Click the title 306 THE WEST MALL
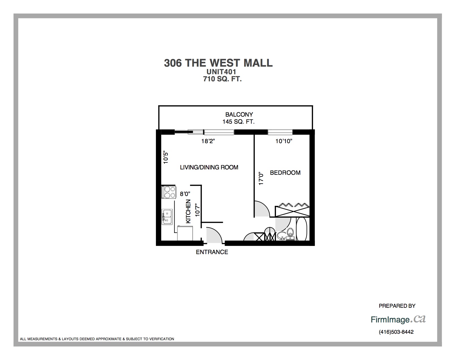[x=218, y=63]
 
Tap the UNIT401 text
[x=221, y=72]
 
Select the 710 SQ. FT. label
[x=222, y=79]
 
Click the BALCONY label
[x=239, y=115]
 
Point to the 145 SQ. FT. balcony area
[x=238, y=122]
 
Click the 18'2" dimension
[x=208, y=141]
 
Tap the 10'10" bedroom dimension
[x=284, y=141]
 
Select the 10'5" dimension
[x=166, y=158]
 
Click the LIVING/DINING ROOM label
[x=209, y=167]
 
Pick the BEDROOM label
[x=285, y=173]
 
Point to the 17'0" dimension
[x=261, y=178]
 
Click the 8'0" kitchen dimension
[x=185, y=194]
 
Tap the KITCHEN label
[x=188, y=211]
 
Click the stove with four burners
[x=169, y=192]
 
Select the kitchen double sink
[x=167, y=217]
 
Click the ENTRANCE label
[x=212, y=252]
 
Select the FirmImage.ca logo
[x=398, y=319]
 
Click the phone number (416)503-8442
[x=396, y=332]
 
